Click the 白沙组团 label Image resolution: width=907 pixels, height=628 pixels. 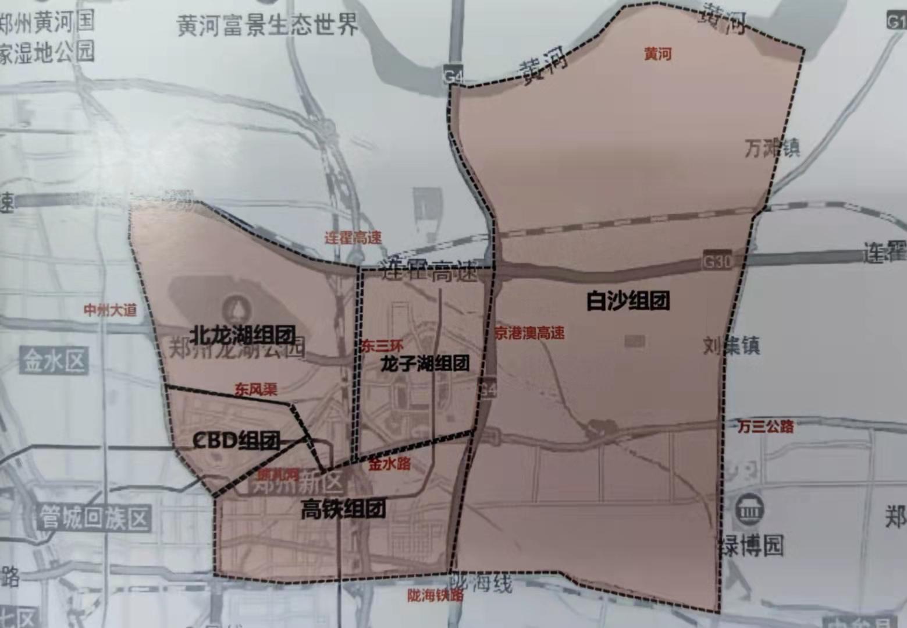coord(628,301)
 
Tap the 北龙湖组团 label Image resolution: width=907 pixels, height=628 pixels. coord(243,335)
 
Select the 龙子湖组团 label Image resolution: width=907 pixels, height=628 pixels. coord(425,364)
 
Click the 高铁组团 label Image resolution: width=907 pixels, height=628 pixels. coord(343,510)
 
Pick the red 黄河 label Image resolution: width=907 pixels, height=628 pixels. coord(657,54)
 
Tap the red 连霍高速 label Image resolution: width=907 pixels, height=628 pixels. coord(353,237)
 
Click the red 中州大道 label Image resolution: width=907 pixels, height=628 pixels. coord(111,310)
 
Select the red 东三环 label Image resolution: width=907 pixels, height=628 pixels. coord(382,346)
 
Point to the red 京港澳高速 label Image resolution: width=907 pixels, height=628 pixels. coord(529,333)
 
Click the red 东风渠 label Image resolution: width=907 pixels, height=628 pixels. coord(256,389)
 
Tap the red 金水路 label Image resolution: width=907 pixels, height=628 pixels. coord(390,464)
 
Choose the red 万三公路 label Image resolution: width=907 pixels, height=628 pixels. coord(766,427)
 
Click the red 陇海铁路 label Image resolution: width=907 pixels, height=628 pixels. coord(436,595)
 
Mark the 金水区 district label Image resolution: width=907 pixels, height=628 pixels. coord(54,361)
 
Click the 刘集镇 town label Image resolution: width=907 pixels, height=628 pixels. coord(731,346)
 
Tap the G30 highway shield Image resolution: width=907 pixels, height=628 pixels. coord(717,261)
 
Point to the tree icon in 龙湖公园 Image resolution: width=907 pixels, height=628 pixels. coord(236,306)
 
